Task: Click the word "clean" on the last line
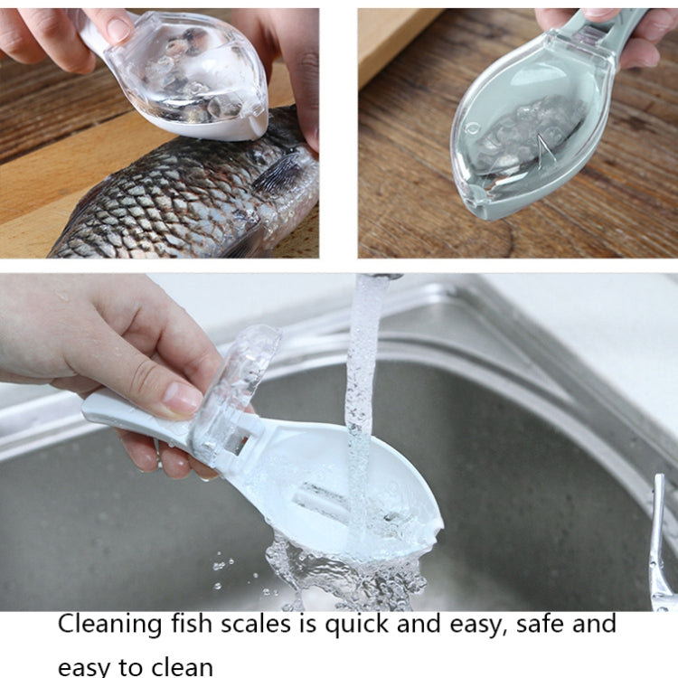click(180, 667)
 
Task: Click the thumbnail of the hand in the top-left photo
click(118, 30)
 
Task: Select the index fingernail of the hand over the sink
click(184, 398)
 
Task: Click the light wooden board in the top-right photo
click(398, 45)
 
